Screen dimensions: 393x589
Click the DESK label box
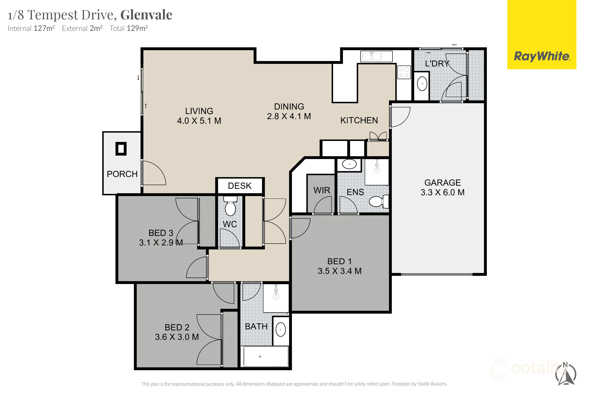[x=240, y=186]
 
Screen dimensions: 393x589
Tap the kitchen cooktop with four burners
[x=404, y=72]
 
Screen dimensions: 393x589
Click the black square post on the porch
[x=121, y=149]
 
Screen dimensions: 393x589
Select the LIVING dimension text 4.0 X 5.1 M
[x=199, y=121]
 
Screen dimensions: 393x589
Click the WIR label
[x=322, y=190]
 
